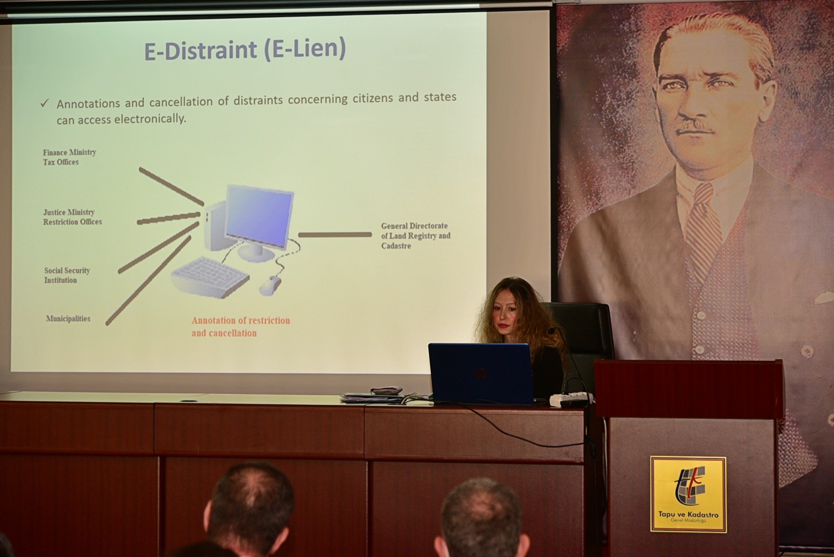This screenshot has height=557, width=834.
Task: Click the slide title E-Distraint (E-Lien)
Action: [245, 49]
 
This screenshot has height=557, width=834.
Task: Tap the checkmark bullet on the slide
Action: [45, 103]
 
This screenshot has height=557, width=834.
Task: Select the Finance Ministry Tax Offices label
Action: [69, 157]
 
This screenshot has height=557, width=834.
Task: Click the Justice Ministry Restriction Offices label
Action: [72, 217]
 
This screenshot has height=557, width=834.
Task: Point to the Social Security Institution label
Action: [67, 275]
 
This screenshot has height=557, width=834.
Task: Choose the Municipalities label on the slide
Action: [68, 318]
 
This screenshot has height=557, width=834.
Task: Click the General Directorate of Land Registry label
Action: [415, 235]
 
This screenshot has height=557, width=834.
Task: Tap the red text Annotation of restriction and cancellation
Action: [241, 327]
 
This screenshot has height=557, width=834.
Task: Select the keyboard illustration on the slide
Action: [210, 277]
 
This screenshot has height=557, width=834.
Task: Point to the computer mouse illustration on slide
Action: [270, 285]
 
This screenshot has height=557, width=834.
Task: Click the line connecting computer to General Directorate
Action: [335, 235]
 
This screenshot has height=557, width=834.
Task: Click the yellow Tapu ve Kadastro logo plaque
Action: [688, 494]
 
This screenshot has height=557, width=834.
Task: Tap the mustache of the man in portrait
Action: [695, 127]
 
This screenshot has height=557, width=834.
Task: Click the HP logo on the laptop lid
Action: [480, 373]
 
